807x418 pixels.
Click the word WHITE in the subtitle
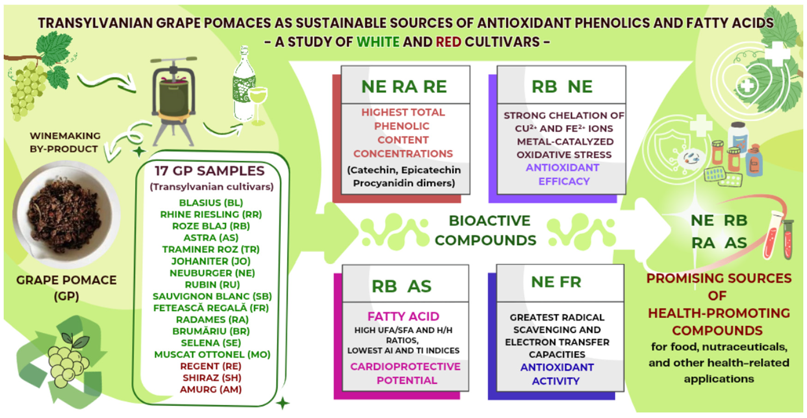(378, 42)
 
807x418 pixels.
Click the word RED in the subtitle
(448, 42)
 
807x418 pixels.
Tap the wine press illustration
(174, 99)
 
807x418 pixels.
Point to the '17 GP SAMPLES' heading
(209, 171)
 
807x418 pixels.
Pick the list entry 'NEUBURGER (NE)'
(212, 273)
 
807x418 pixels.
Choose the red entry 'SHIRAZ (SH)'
(212, 378)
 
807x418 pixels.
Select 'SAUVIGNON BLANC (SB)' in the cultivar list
(212, 296)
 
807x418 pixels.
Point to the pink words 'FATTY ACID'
(403, 317)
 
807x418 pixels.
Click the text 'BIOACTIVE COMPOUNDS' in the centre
(486, 230)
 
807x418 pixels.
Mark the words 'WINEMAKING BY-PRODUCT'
(64, 142)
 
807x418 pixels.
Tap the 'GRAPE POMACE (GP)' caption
(66, 288)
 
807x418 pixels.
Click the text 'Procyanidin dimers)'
(404, 183)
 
